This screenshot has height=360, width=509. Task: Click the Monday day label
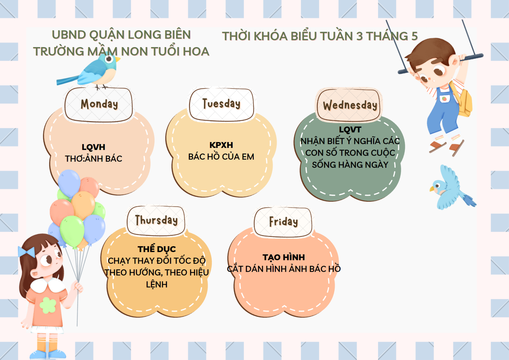point(99,104)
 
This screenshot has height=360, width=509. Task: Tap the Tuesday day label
point(221,103)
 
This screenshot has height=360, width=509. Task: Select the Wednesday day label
point(350,105)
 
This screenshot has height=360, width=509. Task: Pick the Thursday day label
point(156,220)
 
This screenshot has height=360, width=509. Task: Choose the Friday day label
point(283,222)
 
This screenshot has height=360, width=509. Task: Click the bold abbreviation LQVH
point(93,147)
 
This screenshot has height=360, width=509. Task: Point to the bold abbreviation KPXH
point(221,145)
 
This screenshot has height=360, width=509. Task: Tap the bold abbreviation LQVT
point(350,130)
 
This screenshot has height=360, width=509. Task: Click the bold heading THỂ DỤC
point(157,249)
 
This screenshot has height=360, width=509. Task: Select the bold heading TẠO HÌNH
point(283,257)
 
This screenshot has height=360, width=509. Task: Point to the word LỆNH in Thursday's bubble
point(157,284)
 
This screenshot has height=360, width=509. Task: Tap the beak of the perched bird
point(118,59)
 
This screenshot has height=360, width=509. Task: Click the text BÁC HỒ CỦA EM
point(221,157)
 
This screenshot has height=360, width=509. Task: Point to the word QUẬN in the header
point(107,35)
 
